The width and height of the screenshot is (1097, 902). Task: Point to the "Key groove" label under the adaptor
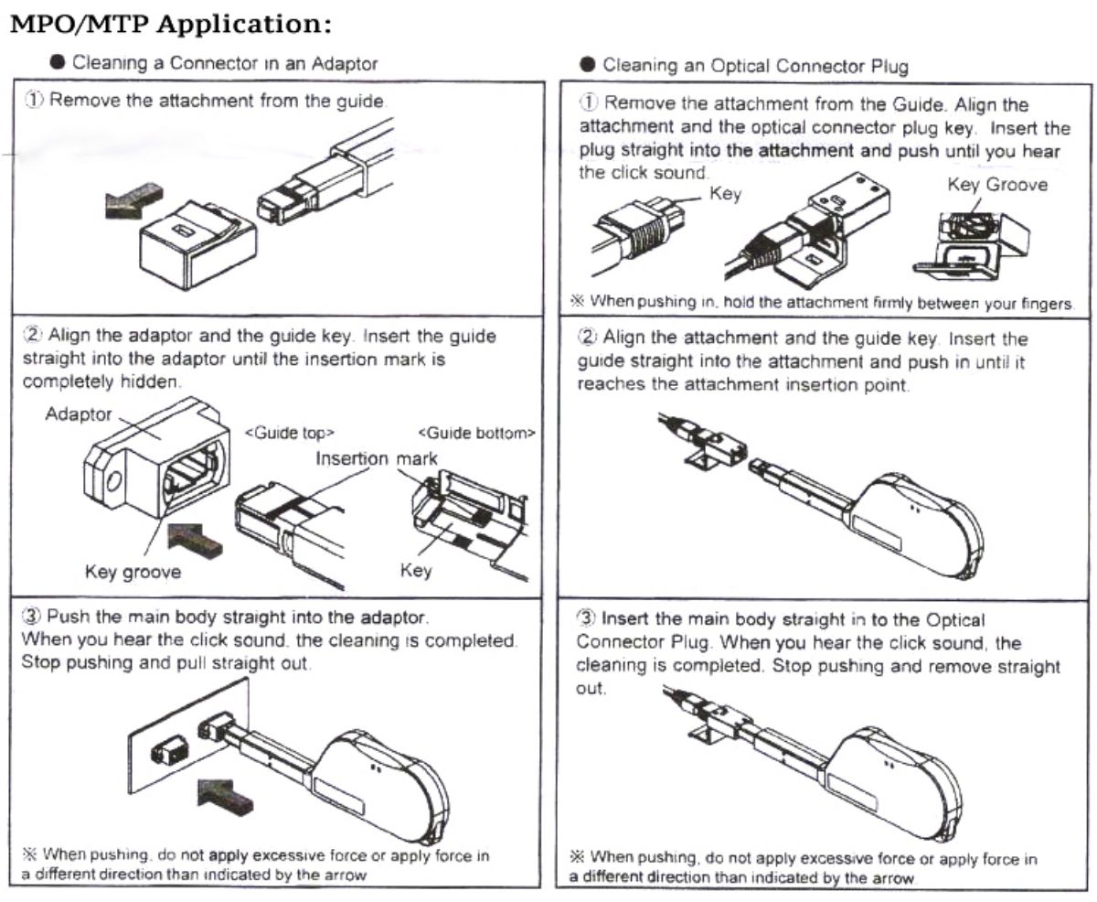[133, 573]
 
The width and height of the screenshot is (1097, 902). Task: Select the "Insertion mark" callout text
[377, 458]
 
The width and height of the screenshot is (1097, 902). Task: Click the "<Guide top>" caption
[290, 433]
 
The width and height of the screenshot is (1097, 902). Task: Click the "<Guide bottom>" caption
[476, 433]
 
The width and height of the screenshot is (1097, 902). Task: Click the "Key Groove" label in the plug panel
[997, 185]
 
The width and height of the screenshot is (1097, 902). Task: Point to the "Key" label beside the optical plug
[726, 195]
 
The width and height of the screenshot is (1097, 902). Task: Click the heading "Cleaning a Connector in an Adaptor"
[224, 63]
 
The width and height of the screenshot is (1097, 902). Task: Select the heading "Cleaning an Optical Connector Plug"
[755, 66]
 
